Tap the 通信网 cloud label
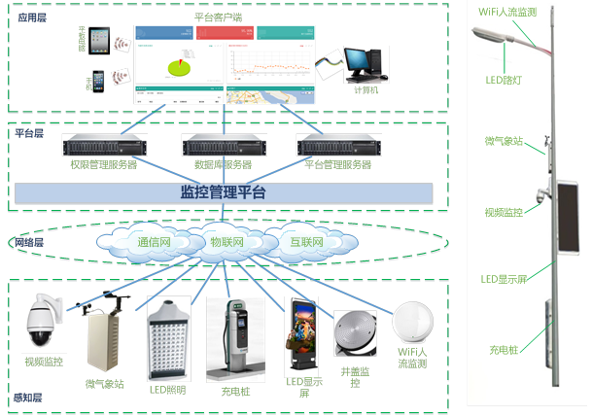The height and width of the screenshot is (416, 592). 154,241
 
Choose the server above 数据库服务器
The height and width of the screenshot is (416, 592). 223,148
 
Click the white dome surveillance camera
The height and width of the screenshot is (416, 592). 44,320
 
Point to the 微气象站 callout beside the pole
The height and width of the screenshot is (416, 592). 504,141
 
